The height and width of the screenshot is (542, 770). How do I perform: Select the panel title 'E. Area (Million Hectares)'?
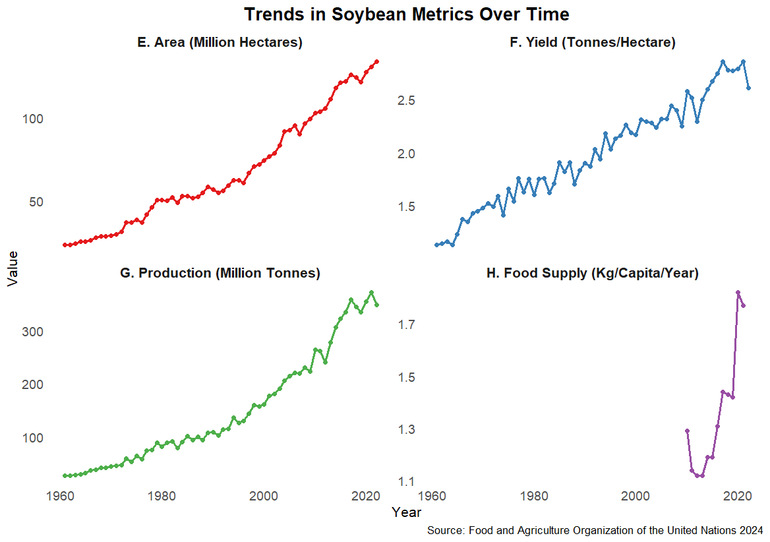coord(220,43)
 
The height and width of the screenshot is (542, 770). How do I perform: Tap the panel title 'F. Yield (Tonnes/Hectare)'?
coord(593,43)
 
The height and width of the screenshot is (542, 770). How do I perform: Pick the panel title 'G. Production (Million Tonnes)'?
coord(220,274)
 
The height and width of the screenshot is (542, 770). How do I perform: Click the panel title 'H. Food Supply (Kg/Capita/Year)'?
coord(592,274)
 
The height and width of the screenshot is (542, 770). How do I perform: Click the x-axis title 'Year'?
coord(406,512)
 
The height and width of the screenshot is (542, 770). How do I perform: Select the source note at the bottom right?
coord(595,530)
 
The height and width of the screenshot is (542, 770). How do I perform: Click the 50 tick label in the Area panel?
coord(36,202)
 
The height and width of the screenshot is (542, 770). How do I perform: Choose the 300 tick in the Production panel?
coord(32,332)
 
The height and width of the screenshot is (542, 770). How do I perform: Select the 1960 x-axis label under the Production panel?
coord(61,497)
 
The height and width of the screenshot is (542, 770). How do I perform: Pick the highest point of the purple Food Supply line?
coord(738,292)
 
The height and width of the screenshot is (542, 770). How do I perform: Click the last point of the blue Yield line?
coord(748,88)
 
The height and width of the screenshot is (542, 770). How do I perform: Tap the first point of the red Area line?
coord(65,245)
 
